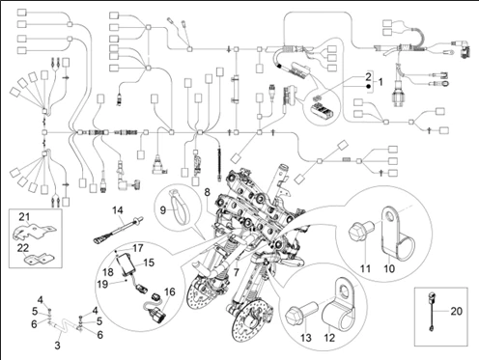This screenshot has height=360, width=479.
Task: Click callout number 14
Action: (118, 210)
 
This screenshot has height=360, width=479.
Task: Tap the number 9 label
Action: (163, 210)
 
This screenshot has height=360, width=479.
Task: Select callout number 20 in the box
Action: (456, 311)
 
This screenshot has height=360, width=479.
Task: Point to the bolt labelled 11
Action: (361, 232)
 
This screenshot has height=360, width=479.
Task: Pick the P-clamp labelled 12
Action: (340, 303)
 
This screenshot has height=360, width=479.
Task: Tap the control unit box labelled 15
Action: (127, 264)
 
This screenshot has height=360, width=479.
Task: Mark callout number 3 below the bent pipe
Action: (57, 346)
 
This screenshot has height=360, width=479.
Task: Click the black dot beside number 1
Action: (368, 86)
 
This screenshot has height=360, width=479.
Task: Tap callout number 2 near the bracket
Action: (368, 76)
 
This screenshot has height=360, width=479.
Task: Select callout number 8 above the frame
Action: (207, 192)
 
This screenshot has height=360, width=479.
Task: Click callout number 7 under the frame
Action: (237, 272)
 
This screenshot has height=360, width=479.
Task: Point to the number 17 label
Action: (137, 248)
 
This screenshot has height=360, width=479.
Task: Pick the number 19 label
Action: (102, 284)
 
